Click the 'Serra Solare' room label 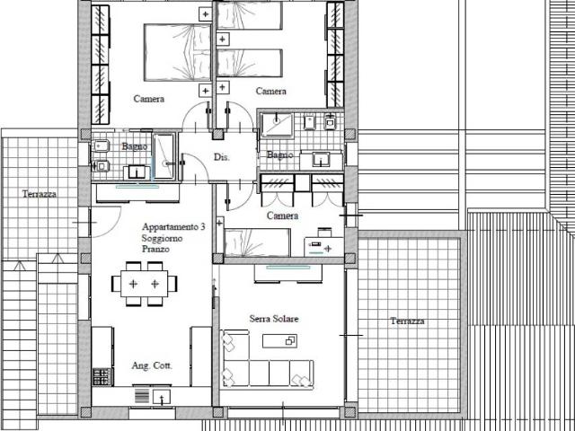tap(274, 319)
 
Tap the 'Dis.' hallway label tap(222, 157)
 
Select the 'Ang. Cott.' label tap(152, 365)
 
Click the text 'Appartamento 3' tap(173, 227)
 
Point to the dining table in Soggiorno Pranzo tap(144, 284)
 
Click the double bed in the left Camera tap(178, 52)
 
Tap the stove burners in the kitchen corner tap(102, 377)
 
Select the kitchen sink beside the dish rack tap(162, 397)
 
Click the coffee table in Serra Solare tap(279, 341)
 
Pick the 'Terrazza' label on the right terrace tap(407, 321)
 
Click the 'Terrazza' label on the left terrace tap(40, 194)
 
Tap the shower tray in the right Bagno tap(277, 125)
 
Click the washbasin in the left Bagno tap(137, 172)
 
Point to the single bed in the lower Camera tap(258, 242)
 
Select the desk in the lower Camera tap(323, 247)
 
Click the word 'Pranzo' tap(155, 250)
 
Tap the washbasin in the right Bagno tap(322, 160)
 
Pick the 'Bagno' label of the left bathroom tap(135, 146)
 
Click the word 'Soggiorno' tap(162, 238)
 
